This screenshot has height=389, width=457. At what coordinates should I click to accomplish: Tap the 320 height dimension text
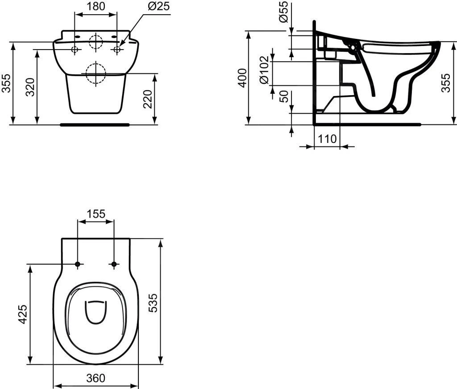(30, 87)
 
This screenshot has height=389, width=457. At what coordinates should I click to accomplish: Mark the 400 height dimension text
(242, 78)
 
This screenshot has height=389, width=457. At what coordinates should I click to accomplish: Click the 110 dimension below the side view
(327, 139)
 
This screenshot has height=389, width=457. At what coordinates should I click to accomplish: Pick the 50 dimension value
(283, 96)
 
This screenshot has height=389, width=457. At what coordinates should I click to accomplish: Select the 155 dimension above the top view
(96, 214)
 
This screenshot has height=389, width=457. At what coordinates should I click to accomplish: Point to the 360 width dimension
(96, 378)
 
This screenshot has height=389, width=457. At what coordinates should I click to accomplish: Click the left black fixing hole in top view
(78, 264)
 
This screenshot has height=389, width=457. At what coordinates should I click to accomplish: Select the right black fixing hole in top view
(114, 264)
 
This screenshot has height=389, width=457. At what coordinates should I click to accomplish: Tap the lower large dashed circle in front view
(95, 74)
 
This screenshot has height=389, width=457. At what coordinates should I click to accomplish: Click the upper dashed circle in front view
(96, 42)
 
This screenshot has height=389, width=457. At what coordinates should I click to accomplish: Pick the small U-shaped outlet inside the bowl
(96, 311)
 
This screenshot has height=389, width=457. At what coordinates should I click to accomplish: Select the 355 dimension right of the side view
(446, 83)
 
